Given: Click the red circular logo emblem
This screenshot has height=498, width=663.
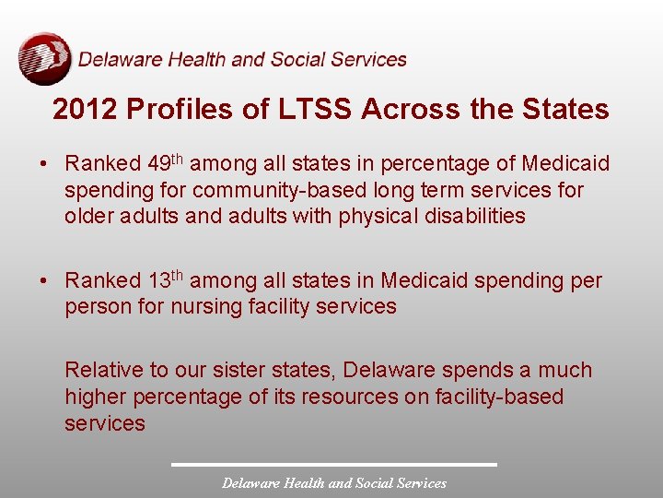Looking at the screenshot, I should tap(44, 58).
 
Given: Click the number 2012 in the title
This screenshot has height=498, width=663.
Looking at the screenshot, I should tap(85, 110).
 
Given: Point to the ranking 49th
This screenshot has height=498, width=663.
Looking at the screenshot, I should tap(167, 163).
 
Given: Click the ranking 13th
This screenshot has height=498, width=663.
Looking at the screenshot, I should tap(167, 279).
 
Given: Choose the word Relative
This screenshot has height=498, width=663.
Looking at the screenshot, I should tap(104, 371).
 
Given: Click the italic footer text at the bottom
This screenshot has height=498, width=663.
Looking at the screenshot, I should tap(334, 483).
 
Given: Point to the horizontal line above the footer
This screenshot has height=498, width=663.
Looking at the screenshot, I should tap(334, 464).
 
